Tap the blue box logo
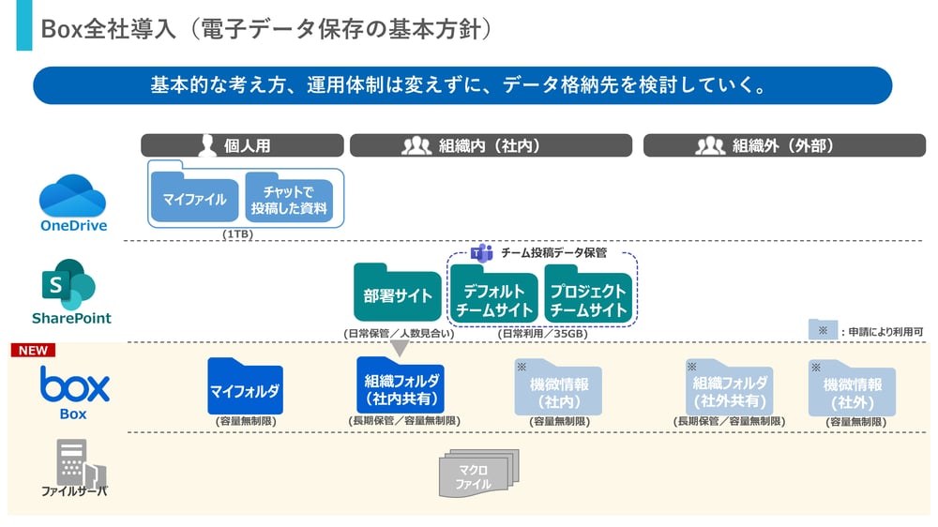click(74, 384)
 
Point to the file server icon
click(81, 461)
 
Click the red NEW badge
click(33, 351)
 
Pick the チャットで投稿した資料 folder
click(289, 199)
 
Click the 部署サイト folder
click(398, 294)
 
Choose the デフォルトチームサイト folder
click(493, 296)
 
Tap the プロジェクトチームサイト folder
click(587, 296)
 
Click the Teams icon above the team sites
click(482, 252)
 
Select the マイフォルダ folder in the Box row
click(245, 388)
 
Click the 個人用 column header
click(242, 145)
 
